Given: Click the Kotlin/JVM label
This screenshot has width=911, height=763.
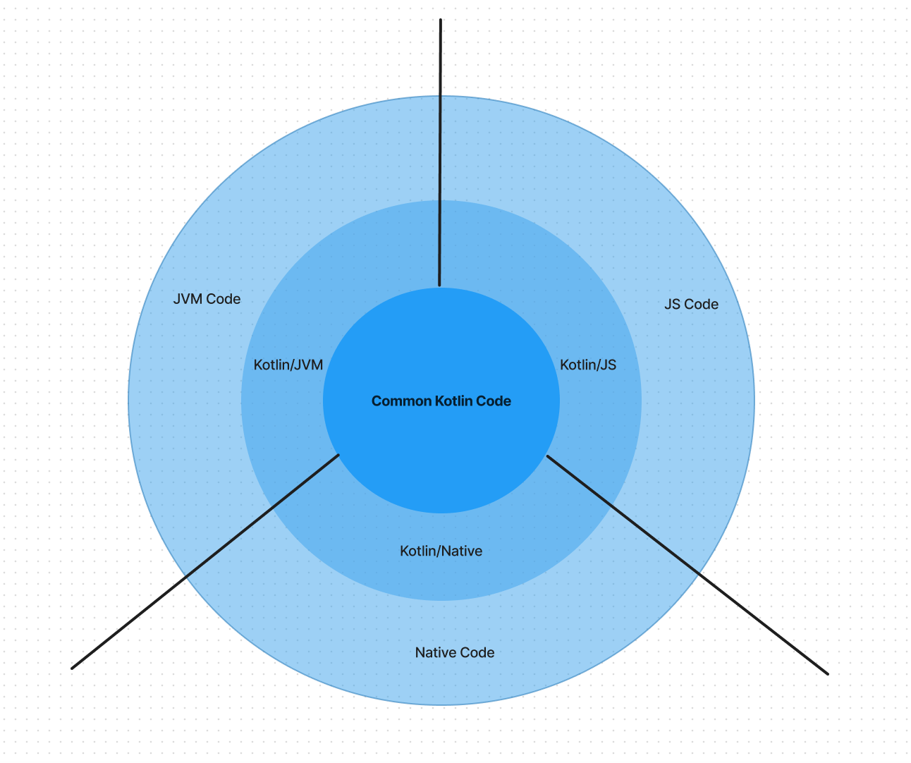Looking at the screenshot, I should coord(288,365).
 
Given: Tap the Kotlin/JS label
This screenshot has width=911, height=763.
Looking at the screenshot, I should coord(588,365).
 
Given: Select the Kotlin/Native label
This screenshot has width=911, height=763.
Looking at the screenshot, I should coord(441,551).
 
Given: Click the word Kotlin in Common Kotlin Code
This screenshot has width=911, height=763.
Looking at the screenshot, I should coord(454,401).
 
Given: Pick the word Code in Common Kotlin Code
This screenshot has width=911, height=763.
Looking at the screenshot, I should coord(494,401).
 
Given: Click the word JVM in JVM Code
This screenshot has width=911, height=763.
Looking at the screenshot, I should coord(188,299).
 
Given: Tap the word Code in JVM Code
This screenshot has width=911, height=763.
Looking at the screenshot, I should coord(224,299).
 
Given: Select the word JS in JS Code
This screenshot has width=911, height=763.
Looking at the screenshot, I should coord(673,305).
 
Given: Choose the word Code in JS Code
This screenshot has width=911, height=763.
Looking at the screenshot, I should coord(702,305).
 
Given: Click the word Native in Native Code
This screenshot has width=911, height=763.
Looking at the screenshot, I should coord(436,653).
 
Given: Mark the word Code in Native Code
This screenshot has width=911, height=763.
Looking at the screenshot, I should coord(477,653).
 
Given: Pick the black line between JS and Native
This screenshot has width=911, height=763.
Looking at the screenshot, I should coord(687,565).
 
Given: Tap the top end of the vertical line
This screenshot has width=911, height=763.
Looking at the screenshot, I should coord(441,20).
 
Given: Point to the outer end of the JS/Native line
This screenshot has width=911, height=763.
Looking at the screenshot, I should coord(826,673).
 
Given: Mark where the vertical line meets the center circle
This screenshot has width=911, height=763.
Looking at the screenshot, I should coord(439,286).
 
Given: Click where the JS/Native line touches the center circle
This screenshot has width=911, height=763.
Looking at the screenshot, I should coord(548,457).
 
